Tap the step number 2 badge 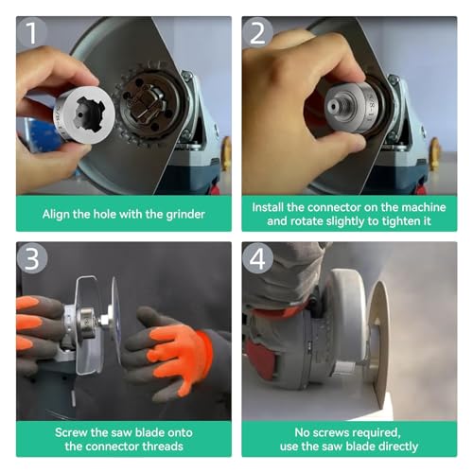[x=258, y=34]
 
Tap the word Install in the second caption [x=273, y=205]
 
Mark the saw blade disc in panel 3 [x=114, y=322]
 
